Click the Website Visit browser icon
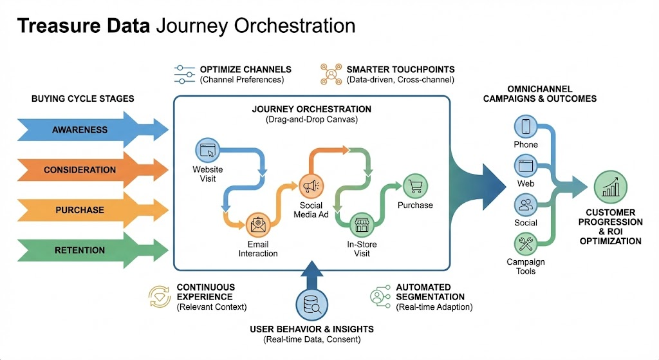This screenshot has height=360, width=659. tap(208, 151)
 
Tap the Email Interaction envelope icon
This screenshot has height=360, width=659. tap(258, 225)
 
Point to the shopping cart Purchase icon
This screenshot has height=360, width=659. tap(415, 186)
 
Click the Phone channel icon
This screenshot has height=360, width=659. tap(526, 126)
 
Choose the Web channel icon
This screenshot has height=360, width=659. tap(526, 166)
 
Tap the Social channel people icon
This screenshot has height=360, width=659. tap(526, 205)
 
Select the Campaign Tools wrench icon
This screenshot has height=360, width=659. tap(526, 244)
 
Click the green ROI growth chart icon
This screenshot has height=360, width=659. tap(610, 187)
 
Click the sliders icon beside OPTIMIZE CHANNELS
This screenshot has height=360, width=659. tap(185, 74)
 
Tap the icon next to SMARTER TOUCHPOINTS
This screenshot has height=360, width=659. tap(331, 74)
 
